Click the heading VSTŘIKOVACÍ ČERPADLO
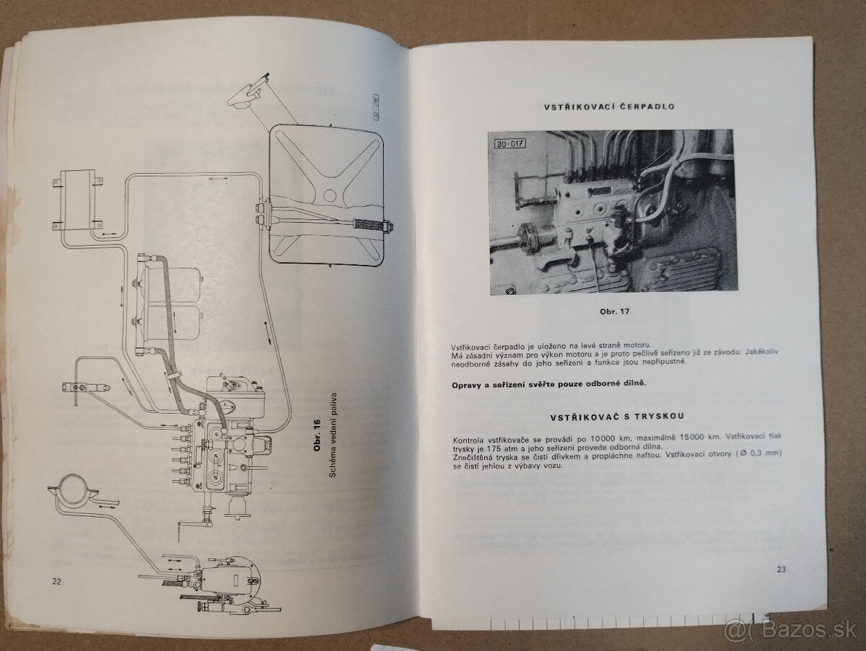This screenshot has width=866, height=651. click(609, 107)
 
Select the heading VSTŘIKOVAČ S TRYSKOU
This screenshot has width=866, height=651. click(618, 417)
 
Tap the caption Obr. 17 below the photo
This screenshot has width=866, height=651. click(615, 311)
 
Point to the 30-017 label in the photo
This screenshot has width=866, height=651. click(510, 143)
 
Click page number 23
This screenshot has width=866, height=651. click(781, 569)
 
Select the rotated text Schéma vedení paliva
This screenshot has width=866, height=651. click(333, 435)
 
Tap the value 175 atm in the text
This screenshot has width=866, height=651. click(505, 448)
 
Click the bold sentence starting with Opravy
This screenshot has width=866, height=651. click(548, 385)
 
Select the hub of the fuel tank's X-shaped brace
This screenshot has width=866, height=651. click(329, 195)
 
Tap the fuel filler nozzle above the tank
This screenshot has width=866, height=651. click(248, 93)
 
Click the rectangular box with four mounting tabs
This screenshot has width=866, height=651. click(78, 202)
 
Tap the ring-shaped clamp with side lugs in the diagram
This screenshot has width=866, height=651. click(73, 492)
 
